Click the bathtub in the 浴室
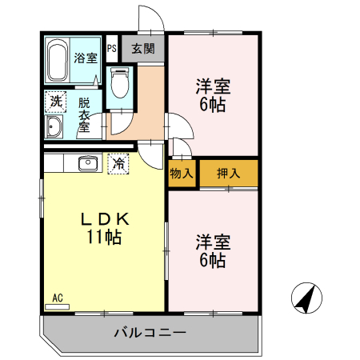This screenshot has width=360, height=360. click(58, 60)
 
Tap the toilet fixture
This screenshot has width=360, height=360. click(120, 83)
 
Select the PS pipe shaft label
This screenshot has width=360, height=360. click(112, 49)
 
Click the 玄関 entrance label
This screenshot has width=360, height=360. click(143, 49)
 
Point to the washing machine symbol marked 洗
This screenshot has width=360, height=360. click(55, 102)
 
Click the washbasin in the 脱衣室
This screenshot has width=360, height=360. click(54, 126)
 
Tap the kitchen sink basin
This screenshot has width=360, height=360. click(88, 163)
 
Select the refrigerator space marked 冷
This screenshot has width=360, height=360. click(118, 164)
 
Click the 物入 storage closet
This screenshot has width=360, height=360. click(182, 174)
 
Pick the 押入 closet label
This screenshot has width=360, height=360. click(229, 174)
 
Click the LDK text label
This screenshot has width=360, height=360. click(105, 219)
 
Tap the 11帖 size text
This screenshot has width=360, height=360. click(104, 237)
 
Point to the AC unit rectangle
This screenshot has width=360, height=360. click(58, 307)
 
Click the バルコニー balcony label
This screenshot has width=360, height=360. click(150, 333)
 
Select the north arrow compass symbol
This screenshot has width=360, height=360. click(306, 298)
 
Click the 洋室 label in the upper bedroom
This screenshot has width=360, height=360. click(213, 86)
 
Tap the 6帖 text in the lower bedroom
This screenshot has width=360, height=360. click(213, 260)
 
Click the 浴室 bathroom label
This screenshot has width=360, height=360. click(86, 58)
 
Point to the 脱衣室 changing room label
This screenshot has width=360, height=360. click(84, 115)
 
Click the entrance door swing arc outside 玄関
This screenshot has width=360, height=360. click(157, 13)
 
